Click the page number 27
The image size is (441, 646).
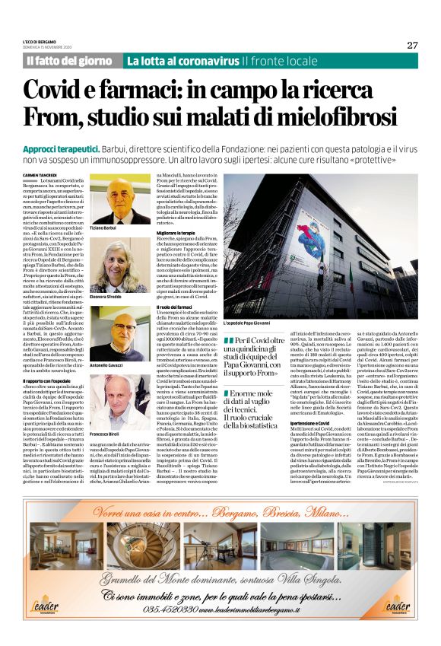coord(412,45)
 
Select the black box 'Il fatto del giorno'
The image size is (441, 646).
coord(71,61)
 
